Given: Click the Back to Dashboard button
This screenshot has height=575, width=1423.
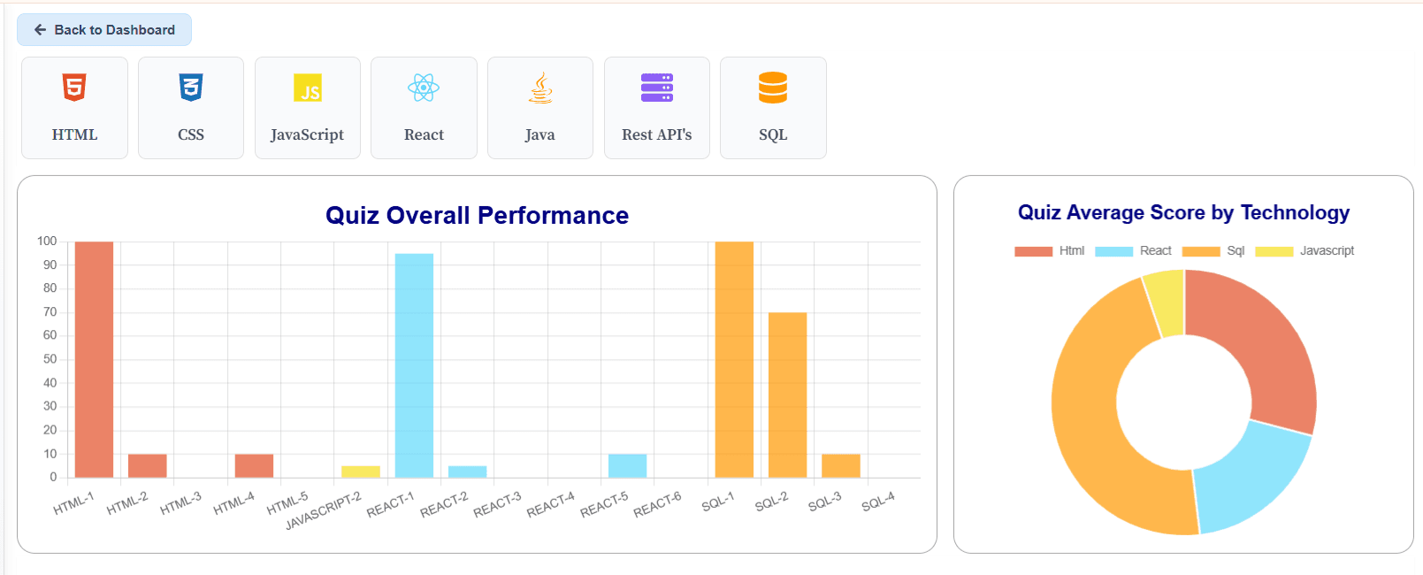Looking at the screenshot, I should [104, 30].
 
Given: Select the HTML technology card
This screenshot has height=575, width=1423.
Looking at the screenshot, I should [74, 108].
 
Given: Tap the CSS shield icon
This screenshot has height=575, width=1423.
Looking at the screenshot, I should [191, 88].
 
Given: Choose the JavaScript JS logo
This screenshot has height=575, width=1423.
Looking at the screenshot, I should [308, 88].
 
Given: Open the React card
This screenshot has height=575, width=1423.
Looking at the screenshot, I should [424, 108].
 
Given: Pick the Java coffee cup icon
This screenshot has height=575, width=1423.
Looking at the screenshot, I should [540, 88].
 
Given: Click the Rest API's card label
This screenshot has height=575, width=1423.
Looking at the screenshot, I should [656, 134].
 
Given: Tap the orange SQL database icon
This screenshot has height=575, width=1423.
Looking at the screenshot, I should [773, 88].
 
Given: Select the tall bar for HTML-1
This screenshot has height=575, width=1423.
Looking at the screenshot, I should [94, 359].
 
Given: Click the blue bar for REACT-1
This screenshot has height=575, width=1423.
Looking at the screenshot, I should [414, 365].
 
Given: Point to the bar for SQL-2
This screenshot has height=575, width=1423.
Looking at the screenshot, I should [787, 395].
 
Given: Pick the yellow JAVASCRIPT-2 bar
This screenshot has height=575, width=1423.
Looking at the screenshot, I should [361, 471].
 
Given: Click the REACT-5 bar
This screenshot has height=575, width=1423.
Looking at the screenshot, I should [627, 465].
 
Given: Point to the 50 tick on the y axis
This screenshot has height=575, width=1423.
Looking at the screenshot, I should [50, 359].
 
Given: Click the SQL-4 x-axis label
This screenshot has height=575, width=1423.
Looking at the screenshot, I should [878, 502].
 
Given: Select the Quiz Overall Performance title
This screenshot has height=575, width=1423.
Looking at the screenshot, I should [477, 215].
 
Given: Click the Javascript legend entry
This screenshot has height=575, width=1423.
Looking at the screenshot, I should [1305, 251].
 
